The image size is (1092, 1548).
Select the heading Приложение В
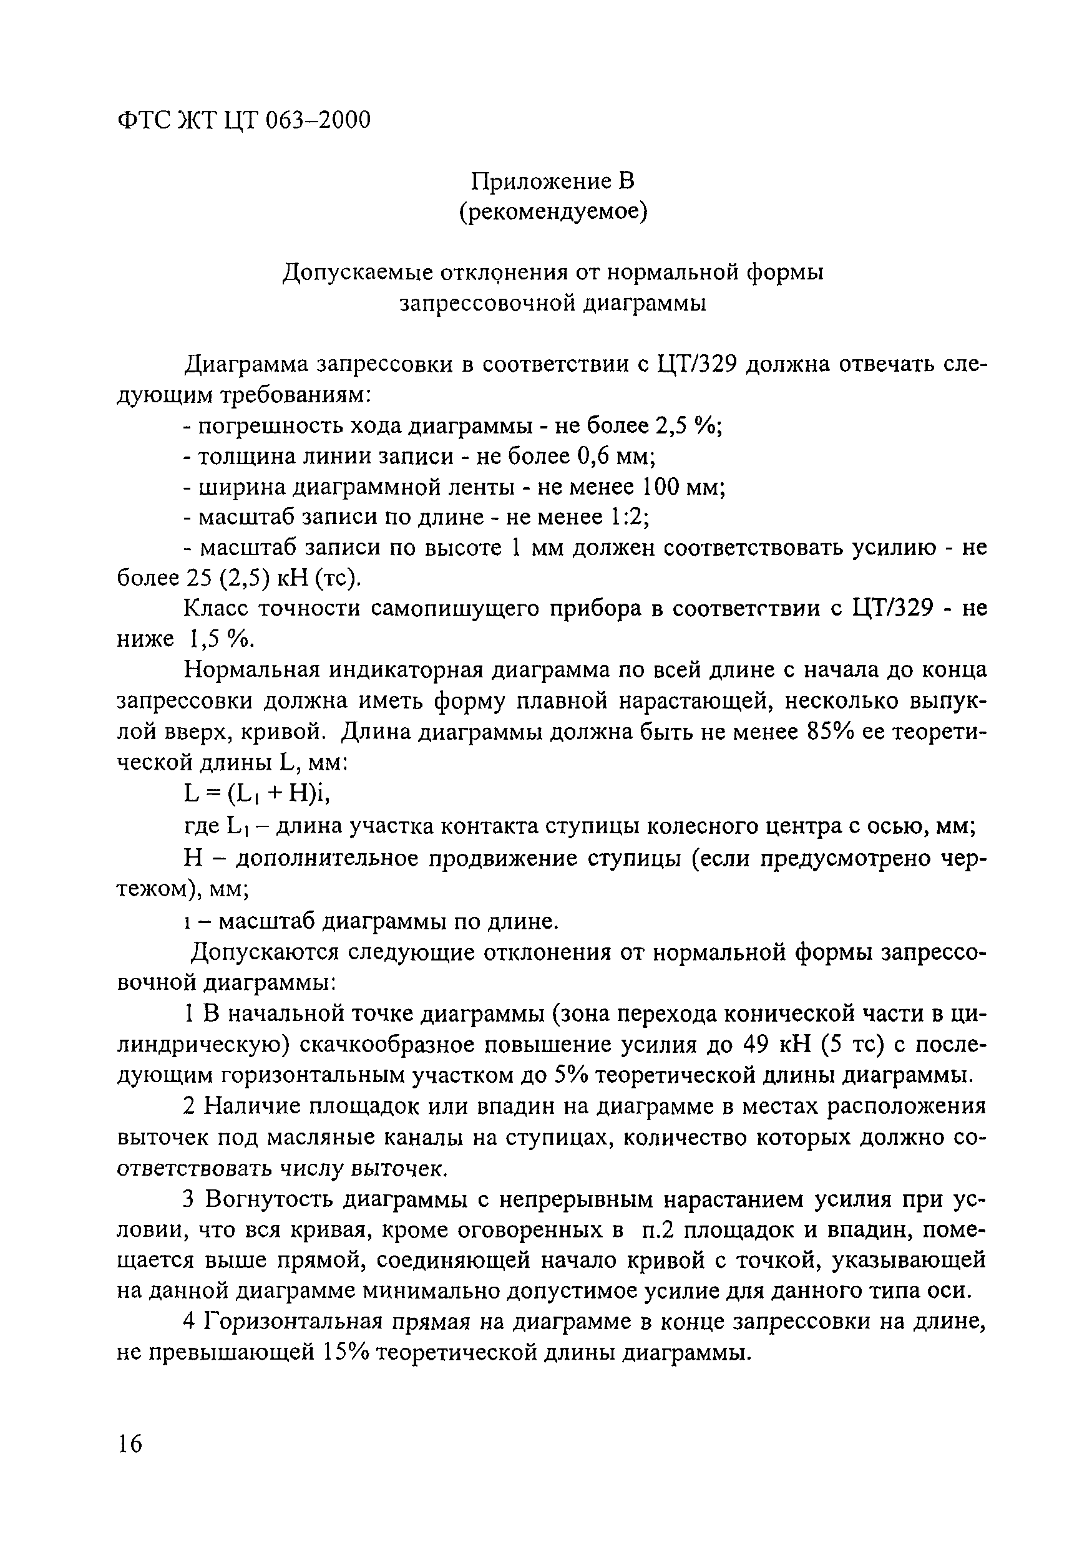point(552,181)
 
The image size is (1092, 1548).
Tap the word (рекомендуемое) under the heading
point(552,213)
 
